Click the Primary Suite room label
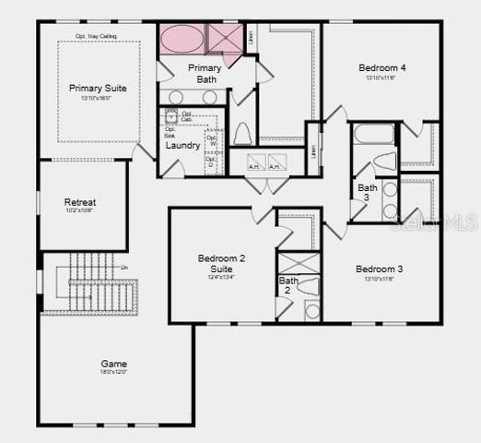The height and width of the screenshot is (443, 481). tap(98, 88)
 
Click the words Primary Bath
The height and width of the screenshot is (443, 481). tap(205, 74)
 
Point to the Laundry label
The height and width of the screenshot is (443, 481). tap(182, 146)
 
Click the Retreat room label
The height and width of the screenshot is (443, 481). tap(80, 202)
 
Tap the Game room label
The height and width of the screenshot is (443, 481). tap(114, 364)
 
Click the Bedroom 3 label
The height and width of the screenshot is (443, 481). tap(381, 269)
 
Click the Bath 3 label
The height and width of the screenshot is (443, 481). tap(368, 193)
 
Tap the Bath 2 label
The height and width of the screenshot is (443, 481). tap(288, 285)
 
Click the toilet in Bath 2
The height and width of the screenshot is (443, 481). tap(310, 285)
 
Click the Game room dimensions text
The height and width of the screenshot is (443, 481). tap(114, 373)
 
